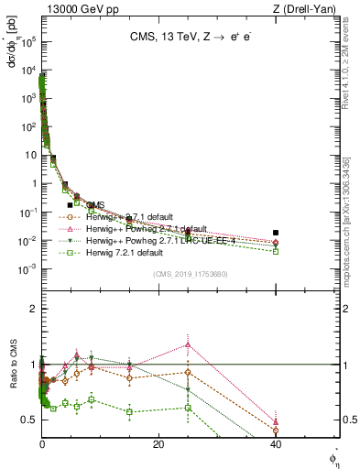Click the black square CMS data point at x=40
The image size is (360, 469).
tap(276, 233)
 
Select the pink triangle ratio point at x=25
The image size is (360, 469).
tap(188, 344)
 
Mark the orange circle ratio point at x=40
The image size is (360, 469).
tap(276, 430)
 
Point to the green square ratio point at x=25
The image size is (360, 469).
tap(188, 408)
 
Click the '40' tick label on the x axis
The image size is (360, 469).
tap(276, 444)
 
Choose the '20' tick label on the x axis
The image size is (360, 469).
tap(158, 444)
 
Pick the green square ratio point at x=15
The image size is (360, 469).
tap(130, 411)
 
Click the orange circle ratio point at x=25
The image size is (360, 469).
tap(188, 372)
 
